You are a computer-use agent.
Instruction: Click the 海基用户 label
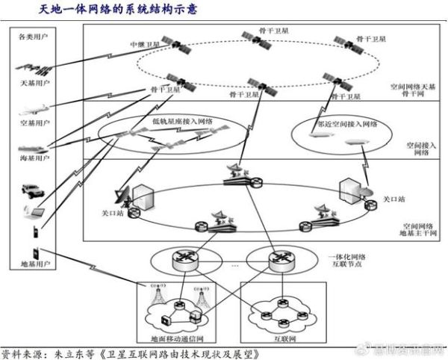pyautogui.click(x=28, y=158)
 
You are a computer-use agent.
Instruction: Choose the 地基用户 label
pyautogui.click(x=28, y=264)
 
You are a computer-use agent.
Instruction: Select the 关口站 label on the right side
pyautogui.click(x=393, y=199)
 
